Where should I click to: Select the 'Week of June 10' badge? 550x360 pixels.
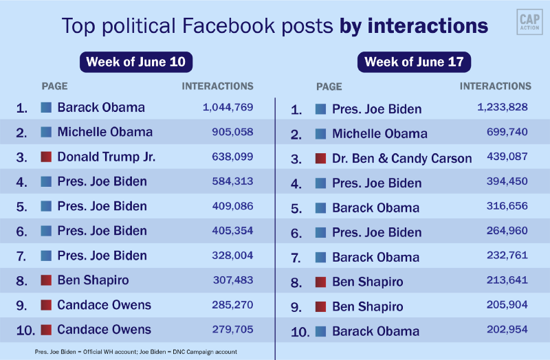pyautogui.click(x=135, y=62)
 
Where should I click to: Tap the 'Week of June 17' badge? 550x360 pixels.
pyautogui.click(x=414, y=62)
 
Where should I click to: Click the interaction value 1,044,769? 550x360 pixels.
pyautogui.click(x=228, y=107)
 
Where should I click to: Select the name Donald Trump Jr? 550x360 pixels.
pyautogui.click(x=107, y=157)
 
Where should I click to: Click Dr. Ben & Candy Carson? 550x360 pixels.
pyautogui.click(x=401, y=159)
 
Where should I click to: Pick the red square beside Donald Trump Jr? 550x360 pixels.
pyautogui.click(x=46, y=157)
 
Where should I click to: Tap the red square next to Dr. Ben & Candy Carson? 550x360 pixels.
pyautogui.click(x=320, y=159)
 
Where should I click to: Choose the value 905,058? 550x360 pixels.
pyautogui.click(x=229, y=132)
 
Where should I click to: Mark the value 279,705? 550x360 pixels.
pyautogui.click(x=229, y=329)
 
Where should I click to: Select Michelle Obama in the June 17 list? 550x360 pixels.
pyautogui.click(x=379, y=134)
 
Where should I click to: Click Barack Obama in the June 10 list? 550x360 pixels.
pyautogui.click(x=101, y=107)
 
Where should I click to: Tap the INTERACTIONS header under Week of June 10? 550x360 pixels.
pyautogui.click(x=217, y=87)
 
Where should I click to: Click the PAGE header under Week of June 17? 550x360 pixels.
pyautogui.click(x=329, y=87)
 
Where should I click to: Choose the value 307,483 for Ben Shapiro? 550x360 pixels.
pyautogui.click(x=229, y=280)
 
